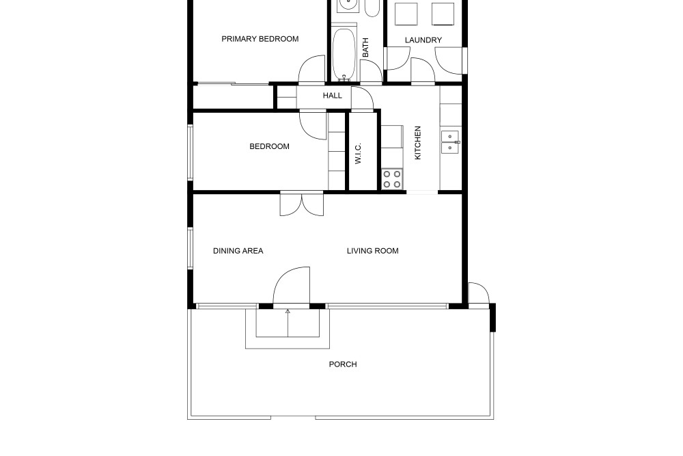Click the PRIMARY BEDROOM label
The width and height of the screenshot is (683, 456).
coord(260,39)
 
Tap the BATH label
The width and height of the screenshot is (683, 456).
coord(365,47)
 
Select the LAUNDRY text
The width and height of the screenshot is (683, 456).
coord(423,40)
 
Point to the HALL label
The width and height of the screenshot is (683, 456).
coord(333,96)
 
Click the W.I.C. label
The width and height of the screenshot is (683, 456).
coord(358,153)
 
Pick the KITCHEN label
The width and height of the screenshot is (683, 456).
coord(418,143)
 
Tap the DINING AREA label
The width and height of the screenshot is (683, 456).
coord(238,251)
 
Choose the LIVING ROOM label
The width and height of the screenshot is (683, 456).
coord(372,251)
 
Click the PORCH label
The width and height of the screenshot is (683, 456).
coord(343,364)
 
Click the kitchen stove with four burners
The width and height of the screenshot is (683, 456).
coord(392,179)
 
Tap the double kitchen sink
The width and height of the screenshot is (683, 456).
coord(450,142)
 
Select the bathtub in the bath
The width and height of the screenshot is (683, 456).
coord(344,55)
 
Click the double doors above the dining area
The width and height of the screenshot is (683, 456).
coord(302,204)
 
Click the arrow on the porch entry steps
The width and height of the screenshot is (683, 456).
coord(288,323)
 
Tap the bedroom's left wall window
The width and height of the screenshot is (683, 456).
coord(191,152)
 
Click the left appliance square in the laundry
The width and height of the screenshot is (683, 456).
coord(406,14)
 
